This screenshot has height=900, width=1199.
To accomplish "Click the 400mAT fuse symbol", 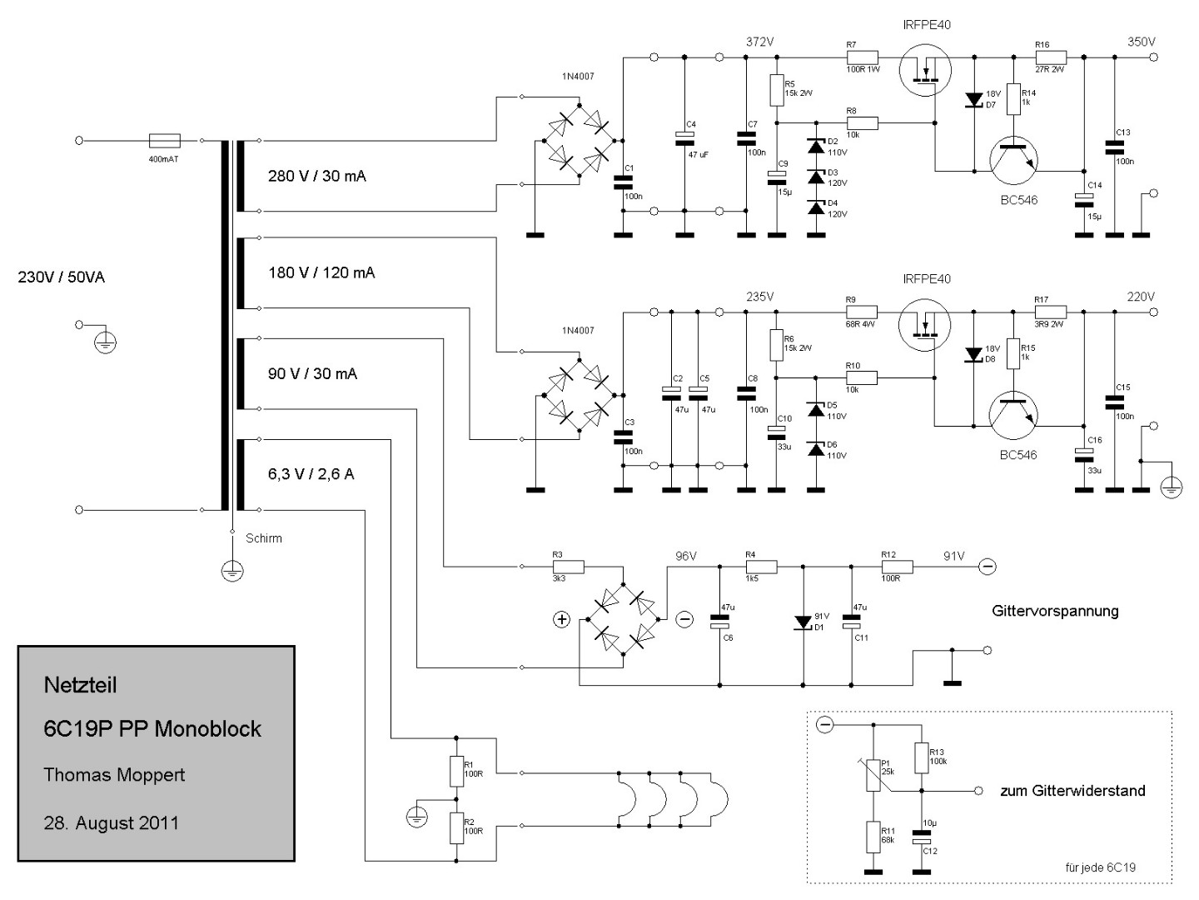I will point(162,141).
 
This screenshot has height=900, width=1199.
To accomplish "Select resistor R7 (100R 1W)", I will point(863,57).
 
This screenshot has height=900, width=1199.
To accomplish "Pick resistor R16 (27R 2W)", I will point(1050,57).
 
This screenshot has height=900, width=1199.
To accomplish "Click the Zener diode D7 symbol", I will point(973,100).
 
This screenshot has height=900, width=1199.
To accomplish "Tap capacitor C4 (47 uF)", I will point(684,136).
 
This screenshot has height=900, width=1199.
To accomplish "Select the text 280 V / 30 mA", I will point(316,176).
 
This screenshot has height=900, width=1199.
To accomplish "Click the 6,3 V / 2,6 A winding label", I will point(311,474).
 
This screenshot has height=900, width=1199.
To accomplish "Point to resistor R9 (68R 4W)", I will point(863,312).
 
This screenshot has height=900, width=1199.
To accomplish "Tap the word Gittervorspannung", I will point(1055,611).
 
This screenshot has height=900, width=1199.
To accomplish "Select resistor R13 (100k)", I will point(921,758).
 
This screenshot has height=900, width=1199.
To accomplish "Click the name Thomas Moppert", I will point(114,775).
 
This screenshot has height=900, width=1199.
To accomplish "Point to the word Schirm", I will point(264,538).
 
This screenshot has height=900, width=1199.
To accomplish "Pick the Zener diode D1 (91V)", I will point(803,622).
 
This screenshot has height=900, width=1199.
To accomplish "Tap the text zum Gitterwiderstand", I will point(1072,791).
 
